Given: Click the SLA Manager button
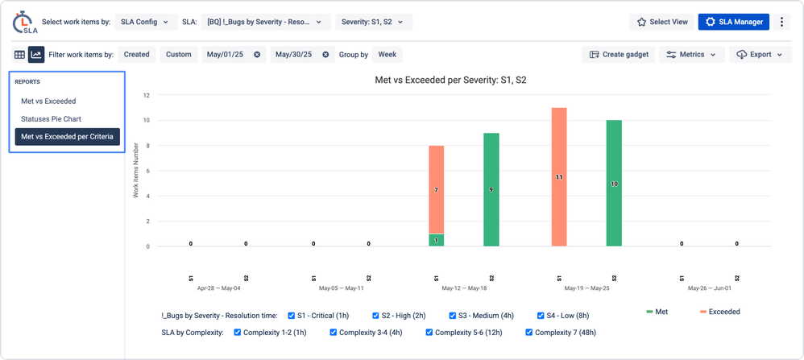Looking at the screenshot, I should click(734, 22).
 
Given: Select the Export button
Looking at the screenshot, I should click(760, 55).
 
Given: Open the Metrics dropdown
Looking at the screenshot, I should click(691, 55).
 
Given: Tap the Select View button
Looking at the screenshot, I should click(662, 22).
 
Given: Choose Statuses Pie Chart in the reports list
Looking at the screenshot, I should click(51, 119).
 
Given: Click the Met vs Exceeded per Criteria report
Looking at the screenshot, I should click(67, 137).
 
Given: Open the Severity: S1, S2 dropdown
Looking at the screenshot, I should click(374, 22).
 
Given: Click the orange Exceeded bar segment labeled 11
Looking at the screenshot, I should click(559, 176).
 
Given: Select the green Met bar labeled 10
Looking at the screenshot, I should click(614, 183).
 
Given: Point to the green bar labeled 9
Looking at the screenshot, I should click(491, 189).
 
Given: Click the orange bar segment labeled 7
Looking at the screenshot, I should click(436, 189).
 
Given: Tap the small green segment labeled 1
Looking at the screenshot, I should click(436, 240).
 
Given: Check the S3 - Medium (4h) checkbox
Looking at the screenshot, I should click(453, 316).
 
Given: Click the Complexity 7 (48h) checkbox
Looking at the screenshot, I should click(529, 332).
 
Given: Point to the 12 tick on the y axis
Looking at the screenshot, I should click(147, 95).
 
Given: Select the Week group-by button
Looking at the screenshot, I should click(387, 55).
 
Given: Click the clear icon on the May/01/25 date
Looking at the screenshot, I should click(257, 55).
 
